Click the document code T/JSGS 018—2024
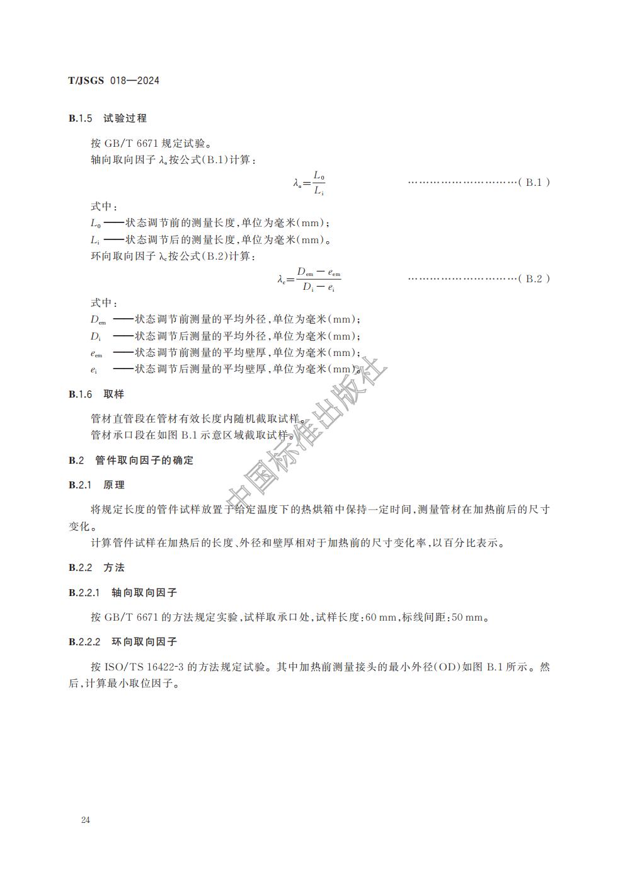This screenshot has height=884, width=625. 113,81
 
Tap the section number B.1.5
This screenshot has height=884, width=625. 81,118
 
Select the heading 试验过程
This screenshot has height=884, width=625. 125,118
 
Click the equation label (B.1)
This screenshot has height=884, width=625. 537,182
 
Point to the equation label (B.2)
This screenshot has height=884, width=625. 537,278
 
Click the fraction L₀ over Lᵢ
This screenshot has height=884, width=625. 319,183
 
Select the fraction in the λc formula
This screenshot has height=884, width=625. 318,279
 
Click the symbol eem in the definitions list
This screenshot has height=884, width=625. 96,353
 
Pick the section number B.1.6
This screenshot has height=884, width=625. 81,394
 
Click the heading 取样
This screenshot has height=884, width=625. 114,394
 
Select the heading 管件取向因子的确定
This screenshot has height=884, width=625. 144,461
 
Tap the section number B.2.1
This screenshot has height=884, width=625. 81,485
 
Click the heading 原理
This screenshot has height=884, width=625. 114,485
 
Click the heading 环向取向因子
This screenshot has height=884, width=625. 144,642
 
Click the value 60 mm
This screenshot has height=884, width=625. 380,617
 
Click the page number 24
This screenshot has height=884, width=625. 86,820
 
